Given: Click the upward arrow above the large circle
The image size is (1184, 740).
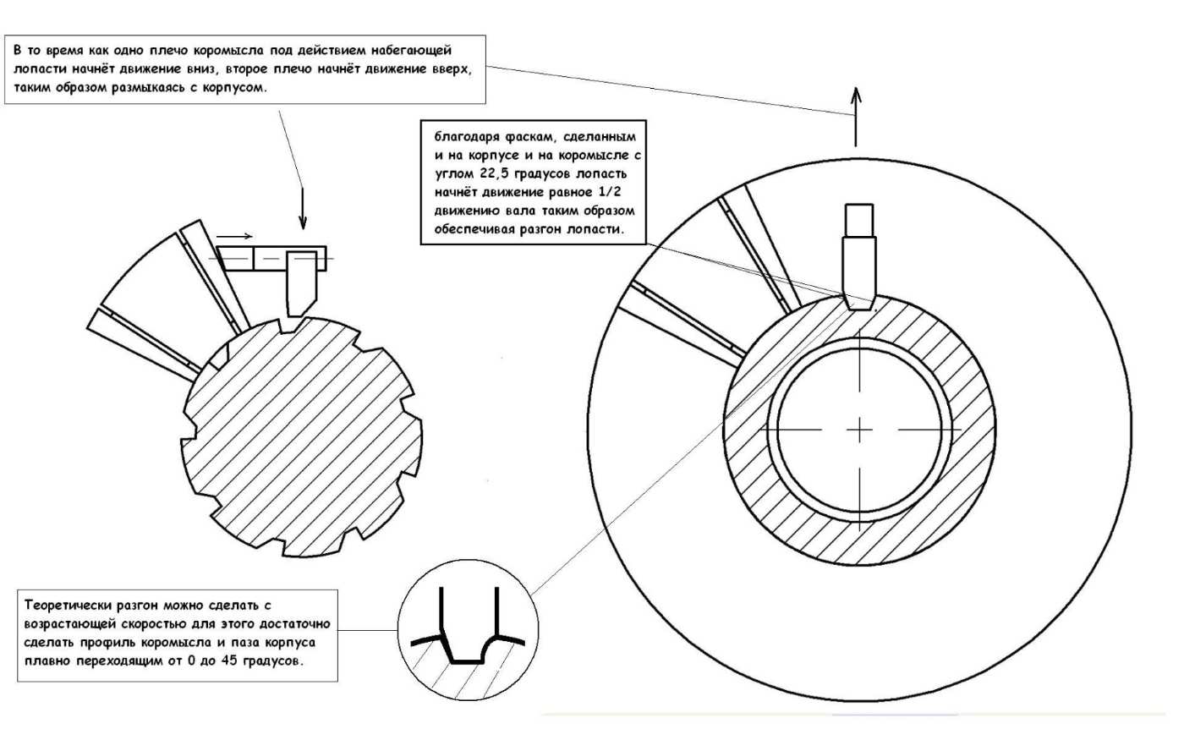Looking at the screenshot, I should click(857, 114).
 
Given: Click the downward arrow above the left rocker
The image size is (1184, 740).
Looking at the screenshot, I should click(302, 207).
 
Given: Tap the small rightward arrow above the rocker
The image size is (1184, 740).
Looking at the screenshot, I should click(234, 236).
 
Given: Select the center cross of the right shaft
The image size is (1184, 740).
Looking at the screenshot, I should click(859, 430).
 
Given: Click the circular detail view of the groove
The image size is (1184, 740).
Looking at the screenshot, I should click(466, 633).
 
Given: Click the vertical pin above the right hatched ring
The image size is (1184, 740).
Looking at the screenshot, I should click(859, 258).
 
